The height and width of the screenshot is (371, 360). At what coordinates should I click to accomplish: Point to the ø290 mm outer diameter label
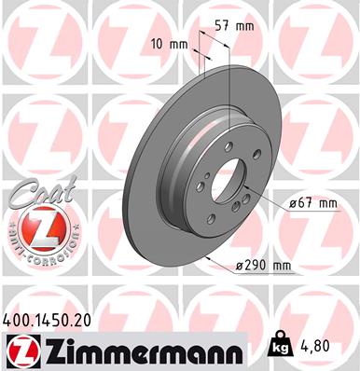[262, 268]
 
